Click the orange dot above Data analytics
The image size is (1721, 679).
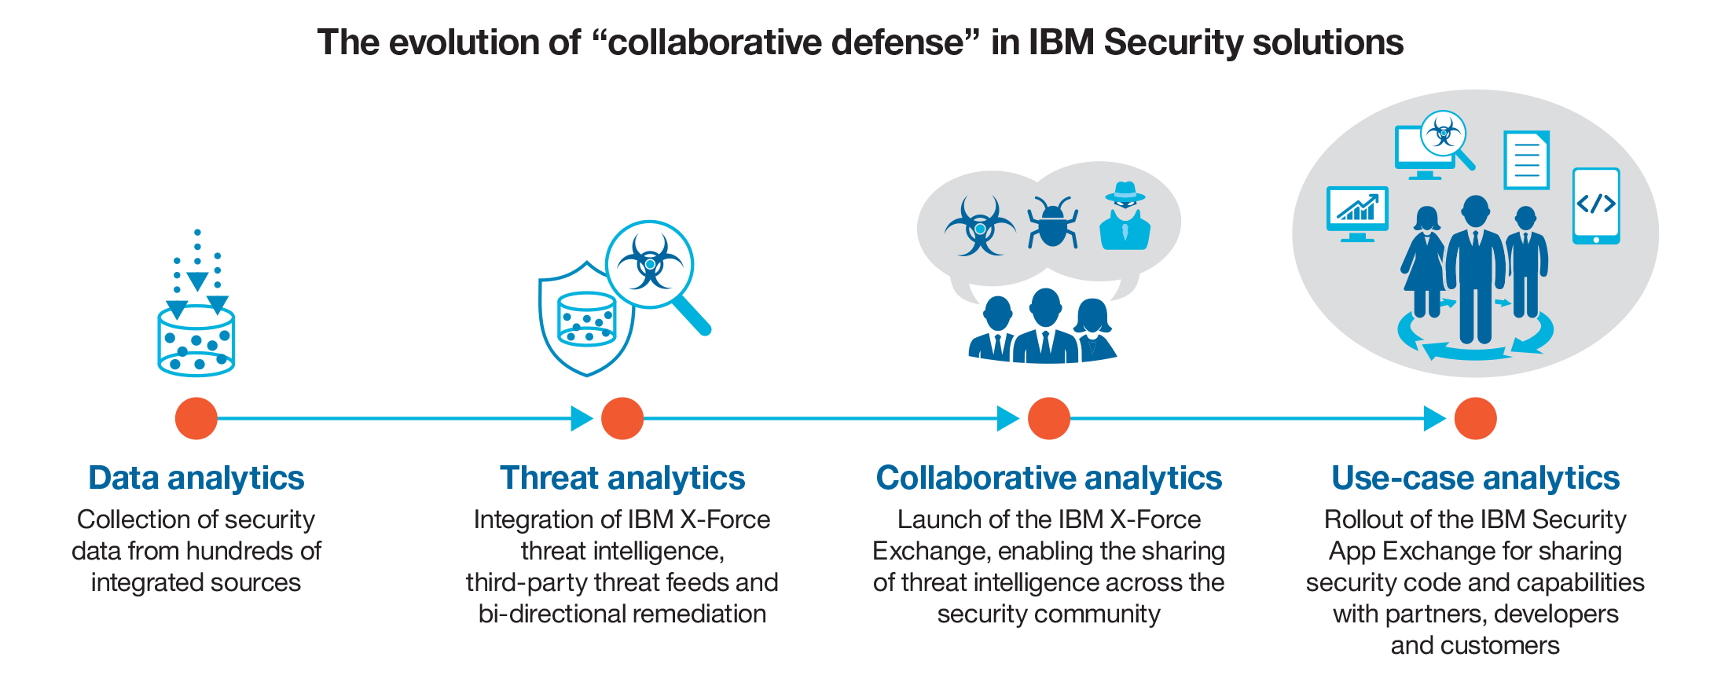196,418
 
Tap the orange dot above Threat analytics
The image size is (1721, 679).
622,418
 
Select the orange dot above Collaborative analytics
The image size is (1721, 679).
1049,418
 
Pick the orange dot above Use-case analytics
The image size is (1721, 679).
1476,418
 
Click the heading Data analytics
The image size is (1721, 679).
196,478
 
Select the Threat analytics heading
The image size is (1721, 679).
622,478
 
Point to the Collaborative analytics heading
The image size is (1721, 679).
1049,478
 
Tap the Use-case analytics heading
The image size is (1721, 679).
1476,478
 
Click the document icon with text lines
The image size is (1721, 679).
1527,160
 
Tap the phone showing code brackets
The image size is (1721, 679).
1596,206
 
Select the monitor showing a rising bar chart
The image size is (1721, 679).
1357,213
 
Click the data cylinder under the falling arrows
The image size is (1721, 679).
196,342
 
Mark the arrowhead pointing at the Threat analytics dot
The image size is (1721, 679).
582,418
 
